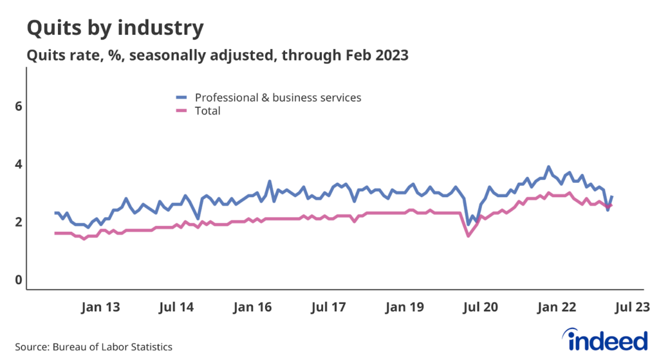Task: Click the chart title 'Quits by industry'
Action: (115, 28)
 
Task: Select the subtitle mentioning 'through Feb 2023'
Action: (217, 56)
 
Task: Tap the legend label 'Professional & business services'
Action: (278, 98)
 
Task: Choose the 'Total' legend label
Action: (207, 111)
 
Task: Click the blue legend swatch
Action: (182, 98)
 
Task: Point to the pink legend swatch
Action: (182, 111)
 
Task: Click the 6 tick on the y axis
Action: (19, 106)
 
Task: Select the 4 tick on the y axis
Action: (19, 164)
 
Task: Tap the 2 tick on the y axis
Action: (19, 222)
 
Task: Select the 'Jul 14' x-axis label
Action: (176, 308)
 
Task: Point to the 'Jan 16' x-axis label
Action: (251, 308)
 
